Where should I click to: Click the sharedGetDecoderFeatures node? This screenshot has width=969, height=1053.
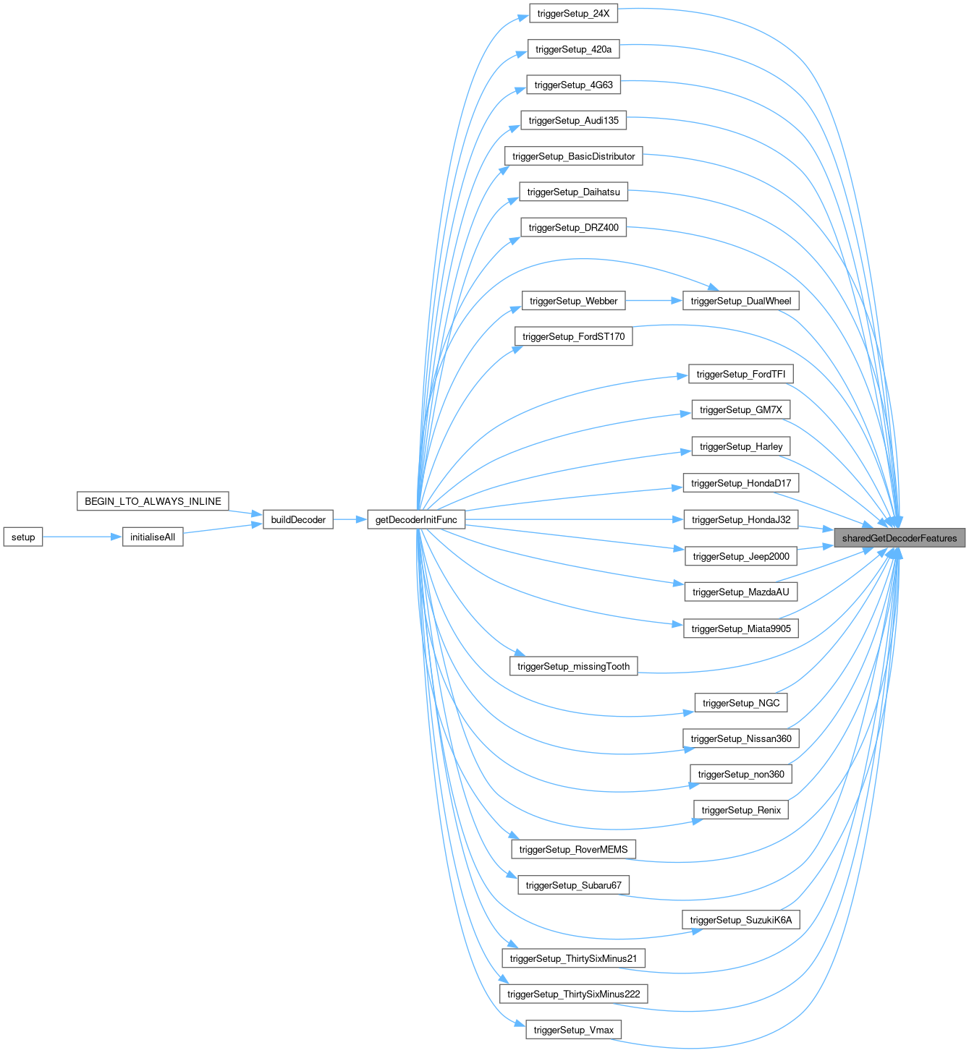pos(899,537)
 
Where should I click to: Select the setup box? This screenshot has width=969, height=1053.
pos(23,537)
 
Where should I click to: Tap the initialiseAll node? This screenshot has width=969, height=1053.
pos(153,537)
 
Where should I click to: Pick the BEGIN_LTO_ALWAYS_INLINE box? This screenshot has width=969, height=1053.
pos(153,500)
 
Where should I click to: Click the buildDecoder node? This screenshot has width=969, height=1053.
pos(298,519)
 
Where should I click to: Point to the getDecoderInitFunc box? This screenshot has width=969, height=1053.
pos(416,519)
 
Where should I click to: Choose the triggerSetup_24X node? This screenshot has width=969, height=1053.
pos(573,13)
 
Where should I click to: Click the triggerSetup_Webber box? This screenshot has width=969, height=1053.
pos(573,300)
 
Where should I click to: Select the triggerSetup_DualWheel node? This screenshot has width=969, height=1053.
pos(741,300)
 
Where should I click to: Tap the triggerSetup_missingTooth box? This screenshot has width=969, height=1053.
pos(573,665)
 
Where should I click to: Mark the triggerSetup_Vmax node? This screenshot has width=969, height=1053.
pos(573,1029)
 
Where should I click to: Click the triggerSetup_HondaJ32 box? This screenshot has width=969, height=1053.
pos(741,519)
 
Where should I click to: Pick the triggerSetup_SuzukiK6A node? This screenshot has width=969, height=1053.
pos(741,919)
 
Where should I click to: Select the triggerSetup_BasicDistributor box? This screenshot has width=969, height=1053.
pos(573,156)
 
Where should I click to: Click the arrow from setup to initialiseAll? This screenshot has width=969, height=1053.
pos(82,537)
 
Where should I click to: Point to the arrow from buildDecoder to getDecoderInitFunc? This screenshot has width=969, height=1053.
pos(350,519)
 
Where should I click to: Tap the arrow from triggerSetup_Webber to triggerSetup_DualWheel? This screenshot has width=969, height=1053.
pos(654,300)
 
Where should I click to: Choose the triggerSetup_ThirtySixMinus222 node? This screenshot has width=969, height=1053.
pos(573,994)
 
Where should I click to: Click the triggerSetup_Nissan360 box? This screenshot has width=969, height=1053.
pos(741,738)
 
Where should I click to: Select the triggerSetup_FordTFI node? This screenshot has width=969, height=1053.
pos(741,374)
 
